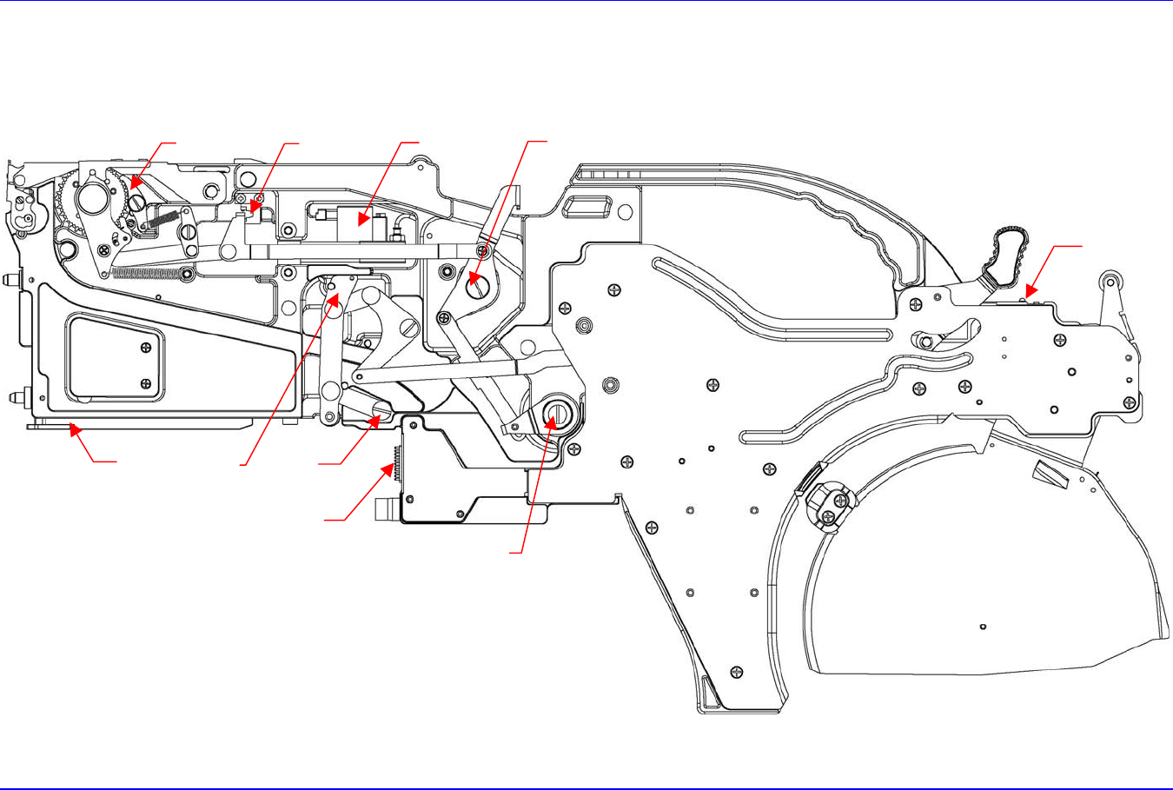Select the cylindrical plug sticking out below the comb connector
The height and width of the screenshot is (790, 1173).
coord(385,508)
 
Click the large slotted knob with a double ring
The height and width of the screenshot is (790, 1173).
coord(555,410)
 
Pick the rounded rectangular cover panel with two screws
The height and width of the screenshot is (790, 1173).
coord(115,359)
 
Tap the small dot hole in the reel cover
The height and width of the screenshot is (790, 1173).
coord(981,627)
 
